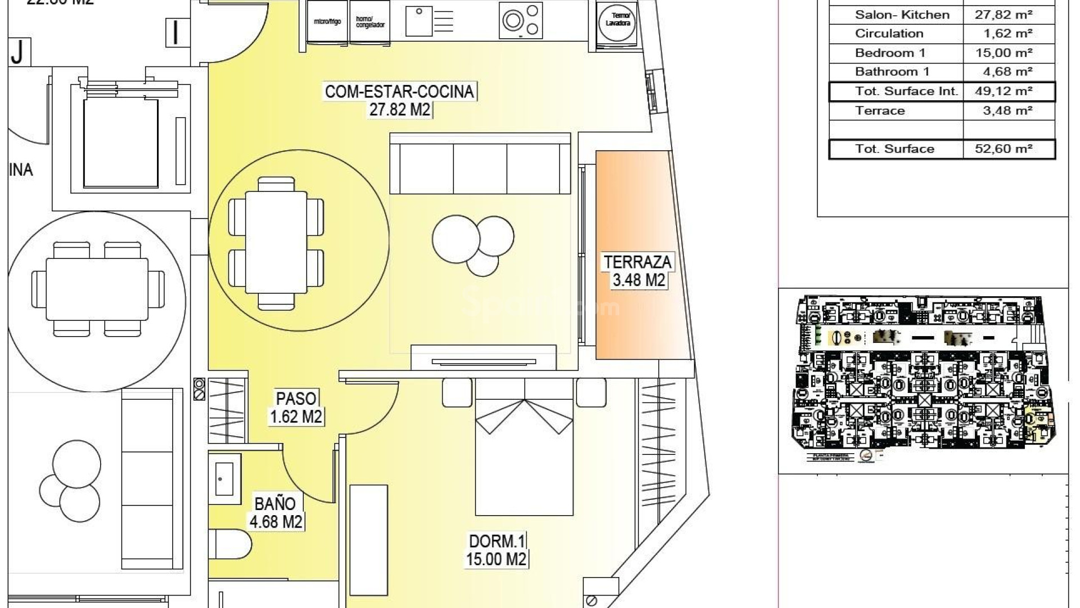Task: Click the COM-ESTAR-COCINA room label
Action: pyautogui.click(x=399, y=100)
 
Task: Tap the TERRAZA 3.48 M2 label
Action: pyautogui.click(x=637, y=271)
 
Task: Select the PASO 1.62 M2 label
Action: pyautogui.click(x=296, y=407)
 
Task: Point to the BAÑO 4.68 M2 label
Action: pyautogui.click(x=276, y=512)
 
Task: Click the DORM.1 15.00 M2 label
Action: pyautogui.click(x=496, y=550)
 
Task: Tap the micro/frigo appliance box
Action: pyautogui.click(x=327, y=22)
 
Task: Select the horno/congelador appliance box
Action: pyautogui.click(x=370, y=22)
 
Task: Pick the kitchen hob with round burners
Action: pyautogui.click(x=521, y=21)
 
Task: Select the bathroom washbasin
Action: pyautogui.click(x=224, y=479)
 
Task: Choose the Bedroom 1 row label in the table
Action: pyautogui.click(x=890, y=53)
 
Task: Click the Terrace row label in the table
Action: pyautogui.click(x=880, y=111)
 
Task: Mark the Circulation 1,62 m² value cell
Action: pyautogui.click(x=1008, y=34)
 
